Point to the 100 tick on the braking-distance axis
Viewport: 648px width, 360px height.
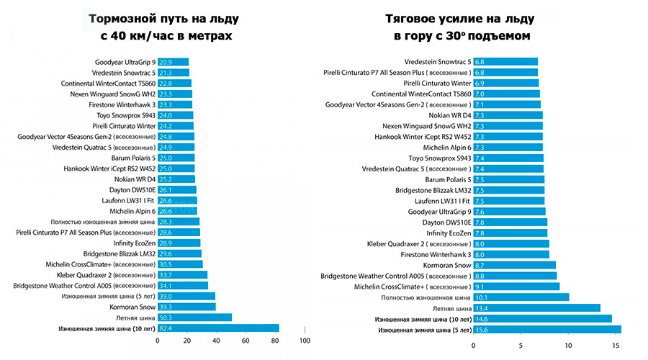305,341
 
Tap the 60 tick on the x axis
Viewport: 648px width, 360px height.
246,341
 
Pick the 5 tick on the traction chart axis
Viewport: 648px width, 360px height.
521,345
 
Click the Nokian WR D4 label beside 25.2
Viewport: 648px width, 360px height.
134,179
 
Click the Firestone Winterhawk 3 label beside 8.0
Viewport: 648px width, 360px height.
435,254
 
